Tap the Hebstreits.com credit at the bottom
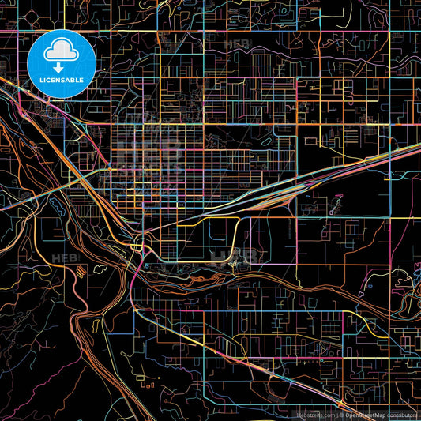tap(314, 415)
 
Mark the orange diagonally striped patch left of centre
tap(82, 271)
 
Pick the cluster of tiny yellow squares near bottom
tap(147, 385)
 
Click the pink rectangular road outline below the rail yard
tap(205, 237)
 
